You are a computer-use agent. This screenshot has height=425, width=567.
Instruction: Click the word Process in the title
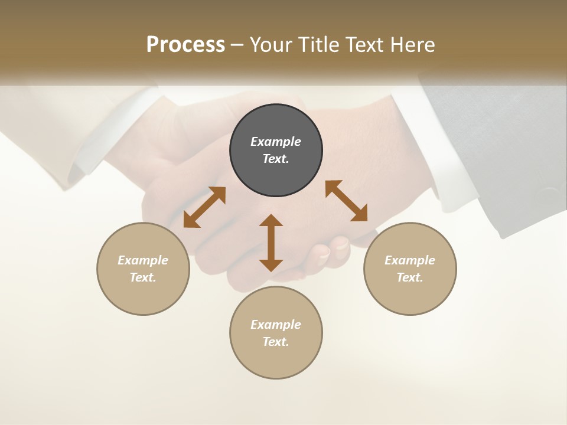click(x=185, y=45)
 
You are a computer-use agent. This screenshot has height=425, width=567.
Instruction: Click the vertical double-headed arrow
click(x=271, y=243)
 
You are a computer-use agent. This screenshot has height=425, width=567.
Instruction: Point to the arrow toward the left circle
click(x=204, y=207)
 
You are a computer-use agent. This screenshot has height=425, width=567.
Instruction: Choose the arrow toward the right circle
click(x=347, y=201)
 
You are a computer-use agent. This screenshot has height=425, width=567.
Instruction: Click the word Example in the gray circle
click(x=276, y=142)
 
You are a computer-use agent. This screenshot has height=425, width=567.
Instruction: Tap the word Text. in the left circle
click(x=143, y=277)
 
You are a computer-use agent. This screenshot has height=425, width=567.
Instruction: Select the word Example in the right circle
click(x=410, y=260)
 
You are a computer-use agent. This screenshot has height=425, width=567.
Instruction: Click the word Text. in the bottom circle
click(x=276, y=342)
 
